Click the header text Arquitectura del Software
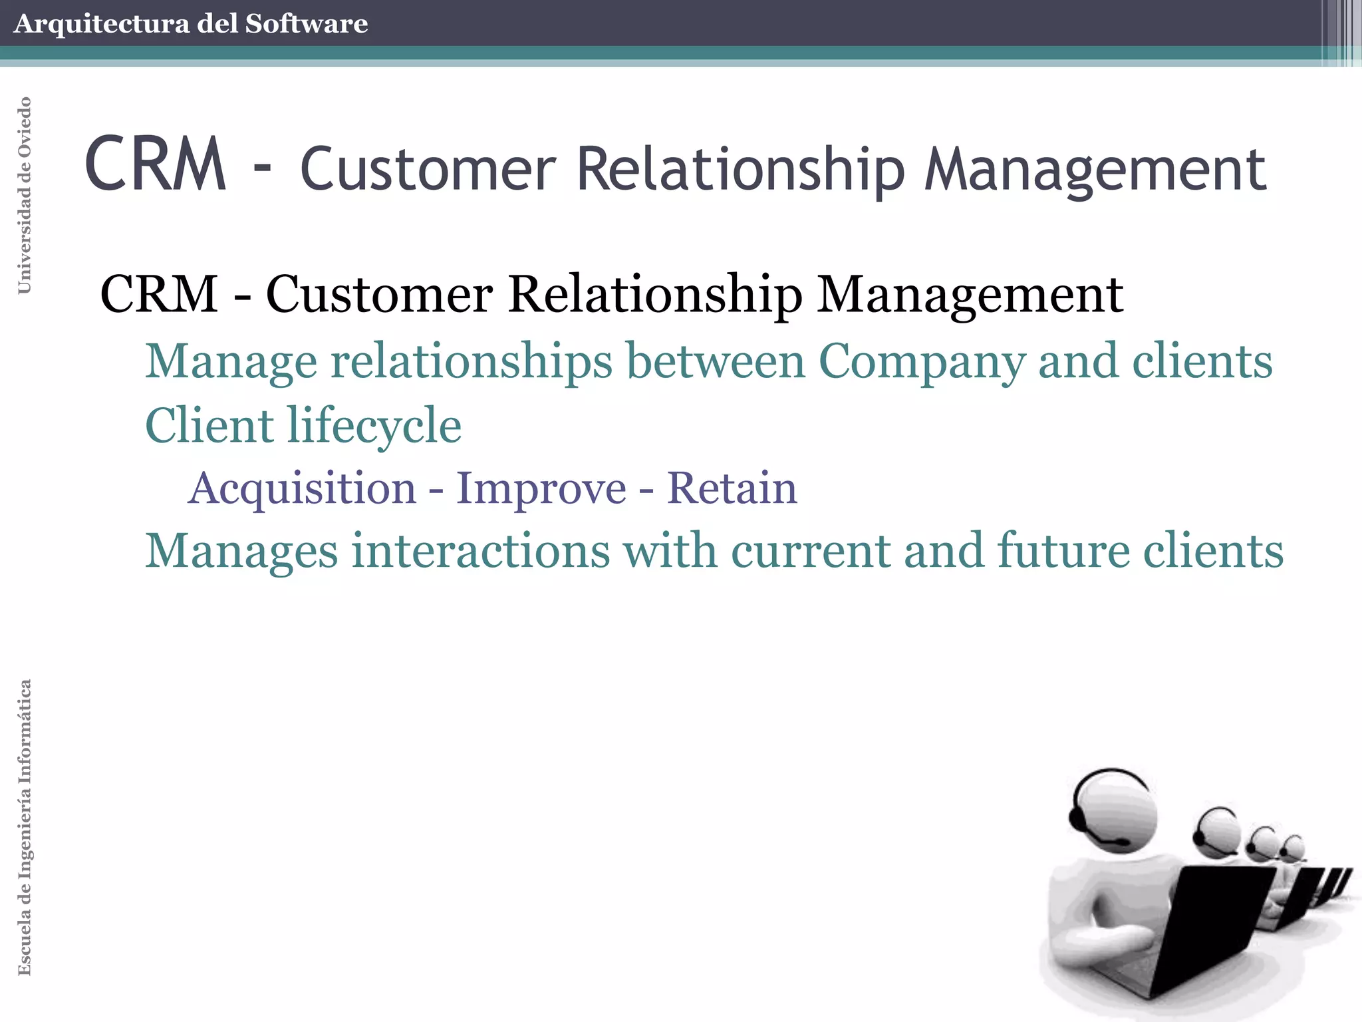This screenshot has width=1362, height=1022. coord(190,24)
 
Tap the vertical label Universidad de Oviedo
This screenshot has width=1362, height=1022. coord(25,195)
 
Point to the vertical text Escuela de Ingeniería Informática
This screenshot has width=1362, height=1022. coord(25,827)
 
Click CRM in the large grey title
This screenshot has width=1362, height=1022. coord(156,165)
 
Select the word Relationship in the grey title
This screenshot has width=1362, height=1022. coord(740,170)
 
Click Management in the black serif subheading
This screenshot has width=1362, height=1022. coord(970,294)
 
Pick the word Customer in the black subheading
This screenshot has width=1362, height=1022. coord(379,294)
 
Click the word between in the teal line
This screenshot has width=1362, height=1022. coord(716,361)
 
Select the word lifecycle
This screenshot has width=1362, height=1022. coord(374,426)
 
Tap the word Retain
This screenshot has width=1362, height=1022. coord(732,488)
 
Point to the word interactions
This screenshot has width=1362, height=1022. coord(480,551)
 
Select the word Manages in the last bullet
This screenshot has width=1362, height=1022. coord(241,552)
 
